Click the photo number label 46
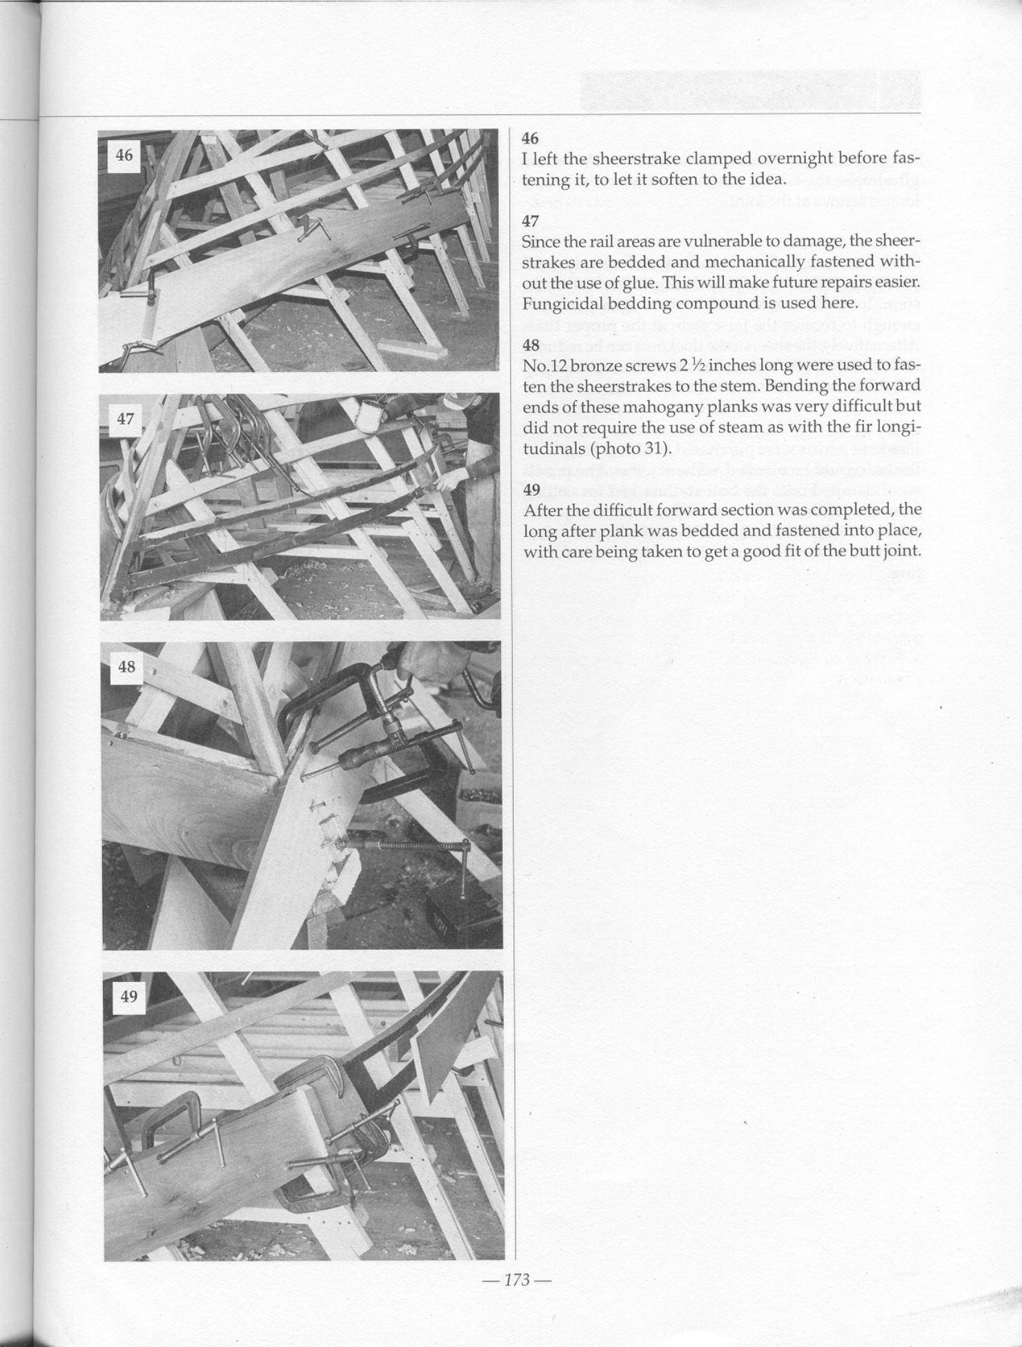point(124,155)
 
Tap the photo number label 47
point(125,418)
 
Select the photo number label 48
point(127,667)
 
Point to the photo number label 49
point(129,996)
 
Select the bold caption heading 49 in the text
point(531,490)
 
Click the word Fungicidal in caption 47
point(557,304)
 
